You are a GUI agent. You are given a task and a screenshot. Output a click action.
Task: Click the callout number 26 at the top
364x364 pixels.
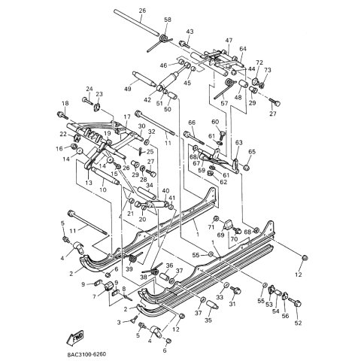point(142,11)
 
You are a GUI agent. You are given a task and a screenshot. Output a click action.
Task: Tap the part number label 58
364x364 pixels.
point(167,19)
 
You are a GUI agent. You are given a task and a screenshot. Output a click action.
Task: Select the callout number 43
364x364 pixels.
point(190,32)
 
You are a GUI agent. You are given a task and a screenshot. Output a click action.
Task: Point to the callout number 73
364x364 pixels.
point(268,69)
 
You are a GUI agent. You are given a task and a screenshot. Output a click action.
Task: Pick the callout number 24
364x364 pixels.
point(89,89)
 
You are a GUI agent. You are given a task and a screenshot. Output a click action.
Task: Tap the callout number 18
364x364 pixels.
point(65,103)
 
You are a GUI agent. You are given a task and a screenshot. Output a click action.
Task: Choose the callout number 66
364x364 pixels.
point(192,122)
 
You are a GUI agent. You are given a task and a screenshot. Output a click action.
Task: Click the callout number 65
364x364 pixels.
point(251,152)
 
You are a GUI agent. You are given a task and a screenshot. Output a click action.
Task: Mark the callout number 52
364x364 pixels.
point(298,323)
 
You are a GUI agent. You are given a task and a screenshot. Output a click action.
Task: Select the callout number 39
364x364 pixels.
point(129,269)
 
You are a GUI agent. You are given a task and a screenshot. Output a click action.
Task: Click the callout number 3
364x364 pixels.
point(118,322)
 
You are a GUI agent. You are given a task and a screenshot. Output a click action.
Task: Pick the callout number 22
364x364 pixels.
point(63,134)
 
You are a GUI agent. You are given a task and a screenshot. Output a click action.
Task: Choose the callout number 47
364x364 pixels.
point(229,40)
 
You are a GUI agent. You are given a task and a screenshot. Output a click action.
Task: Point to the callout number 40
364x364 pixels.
point(165,191)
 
